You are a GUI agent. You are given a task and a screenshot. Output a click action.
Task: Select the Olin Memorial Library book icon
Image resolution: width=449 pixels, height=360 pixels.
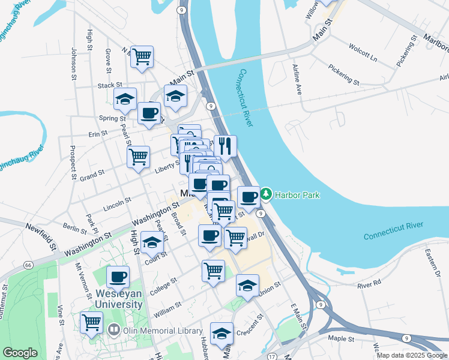[114, 329]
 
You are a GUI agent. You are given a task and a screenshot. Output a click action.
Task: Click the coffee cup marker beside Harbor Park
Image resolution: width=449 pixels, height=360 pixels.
[249, 197]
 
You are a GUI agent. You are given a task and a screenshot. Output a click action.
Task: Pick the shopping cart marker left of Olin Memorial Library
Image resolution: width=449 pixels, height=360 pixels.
[92, 322]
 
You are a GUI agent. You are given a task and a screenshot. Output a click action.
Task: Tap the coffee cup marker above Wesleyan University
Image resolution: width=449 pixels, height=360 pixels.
[118, 277]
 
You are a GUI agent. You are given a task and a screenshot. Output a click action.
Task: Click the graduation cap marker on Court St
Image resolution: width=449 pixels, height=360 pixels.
[152, 243]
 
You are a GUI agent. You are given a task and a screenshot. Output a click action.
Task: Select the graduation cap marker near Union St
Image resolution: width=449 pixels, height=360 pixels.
[247, 285]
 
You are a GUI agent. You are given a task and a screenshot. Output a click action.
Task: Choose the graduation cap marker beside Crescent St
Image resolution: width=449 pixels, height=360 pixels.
[221, 333]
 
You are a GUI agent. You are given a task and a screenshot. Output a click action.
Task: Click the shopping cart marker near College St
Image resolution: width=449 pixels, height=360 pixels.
[213, 271]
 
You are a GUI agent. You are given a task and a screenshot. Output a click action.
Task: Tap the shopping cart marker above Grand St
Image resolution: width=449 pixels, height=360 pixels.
[139, 157]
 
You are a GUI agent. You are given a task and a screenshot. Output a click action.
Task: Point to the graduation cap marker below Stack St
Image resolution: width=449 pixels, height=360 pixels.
[125, 99]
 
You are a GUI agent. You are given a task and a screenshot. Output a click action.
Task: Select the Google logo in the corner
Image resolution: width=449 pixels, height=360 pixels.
[20, 353]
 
